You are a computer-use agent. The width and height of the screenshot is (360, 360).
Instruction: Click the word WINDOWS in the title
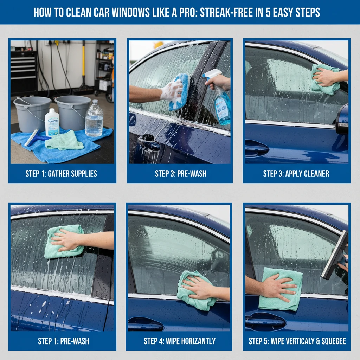pos(131,12)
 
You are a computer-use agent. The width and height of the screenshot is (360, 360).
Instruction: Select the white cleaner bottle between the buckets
pos(52,122)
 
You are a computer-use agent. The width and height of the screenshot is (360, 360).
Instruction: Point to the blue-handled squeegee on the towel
pos(37,138)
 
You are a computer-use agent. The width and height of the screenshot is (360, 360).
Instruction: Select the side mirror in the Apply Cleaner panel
pos(342,120)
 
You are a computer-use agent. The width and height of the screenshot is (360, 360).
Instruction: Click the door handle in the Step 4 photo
pos(146,324)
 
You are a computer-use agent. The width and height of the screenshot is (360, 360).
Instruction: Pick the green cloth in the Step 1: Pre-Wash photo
pos(64,242)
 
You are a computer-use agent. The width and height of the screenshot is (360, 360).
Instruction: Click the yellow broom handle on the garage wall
pos(84,64)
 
